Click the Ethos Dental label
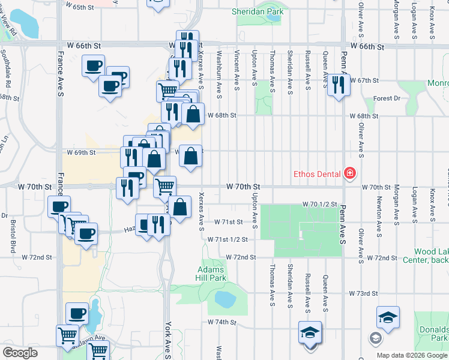click(x=317, y=175)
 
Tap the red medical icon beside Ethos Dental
click(x=349, y=175)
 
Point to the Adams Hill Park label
click(x=211, y=274)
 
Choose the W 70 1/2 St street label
click(x=320, y=205)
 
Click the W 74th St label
click(x=223, y=322)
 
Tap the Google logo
click(x=20, y=353)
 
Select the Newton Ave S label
click(x=379, y=208)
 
